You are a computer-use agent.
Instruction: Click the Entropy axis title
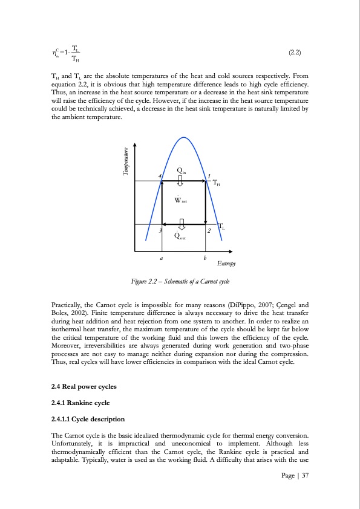(x=226, y=264)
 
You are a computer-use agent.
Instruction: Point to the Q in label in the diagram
(x=182, y=170)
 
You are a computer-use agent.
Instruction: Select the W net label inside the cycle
(x=180, y=200)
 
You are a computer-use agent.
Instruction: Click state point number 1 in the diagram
(x=209, y=176)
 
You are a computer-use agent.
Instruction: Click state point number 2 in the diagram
(x=208, y=231)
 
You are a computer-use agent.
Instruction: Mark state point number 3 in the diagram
(x=160, y=231)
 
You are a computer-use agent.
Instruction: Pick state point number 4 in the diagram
(x=159, y=176)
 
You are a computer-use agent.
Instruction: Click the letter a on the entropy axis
(x=161, y=257)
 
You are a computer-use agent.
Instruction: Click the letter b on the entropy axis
(x=205, y=257)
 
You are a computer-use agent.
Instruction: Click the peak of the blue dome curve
(x=183, y=137)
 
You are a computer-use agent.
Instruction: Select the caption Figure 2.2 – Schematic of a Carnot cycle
(x=180, y=282)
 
